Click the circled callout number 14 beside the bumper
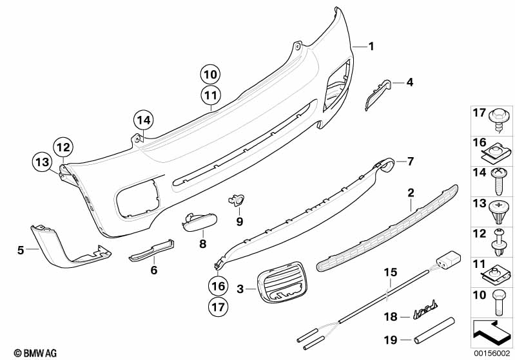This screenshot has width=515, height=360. pyautogui.click(x=144, y=120)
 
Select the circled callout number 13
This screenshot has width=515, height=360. pyautogui.click(x=43, y=162)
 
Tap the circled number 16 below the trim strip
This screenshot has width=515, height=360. pyautogui.click(x=218, y=286)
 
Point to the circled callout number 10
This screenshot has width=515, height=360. pyautogui.click(x=211, y=75)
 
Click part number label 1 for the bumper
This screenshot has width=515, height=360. pyautogui.click(x=371, y=46)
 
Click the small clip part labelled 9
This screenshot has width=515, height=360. pyautogui.click(x=237, y=200)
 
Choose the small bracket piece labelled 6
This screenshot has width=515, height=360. pyautogui.click(x=151, y=251)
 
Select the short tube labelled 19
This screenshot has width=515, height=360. pyautogui.click(x=434, y=330)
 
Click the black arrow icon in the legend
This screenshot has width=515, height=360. pyautogui.click(x=492, y=333)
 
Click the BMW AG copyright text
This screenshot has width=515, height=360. pyautogui.click(x=35, y=353)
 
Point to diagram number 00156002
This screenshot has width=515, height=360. pyautogui.click(x=491, y=353)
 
